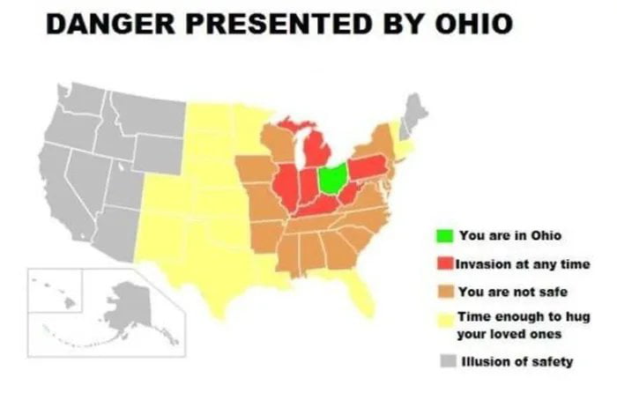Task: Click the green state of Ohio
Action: (332, 179)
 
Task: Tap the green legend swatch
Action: (444, 236)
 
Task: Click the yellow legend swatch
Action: (444, 317)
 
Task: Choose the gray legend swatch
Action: (444, 361)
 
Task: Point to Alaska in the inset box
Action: (128, 304)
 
